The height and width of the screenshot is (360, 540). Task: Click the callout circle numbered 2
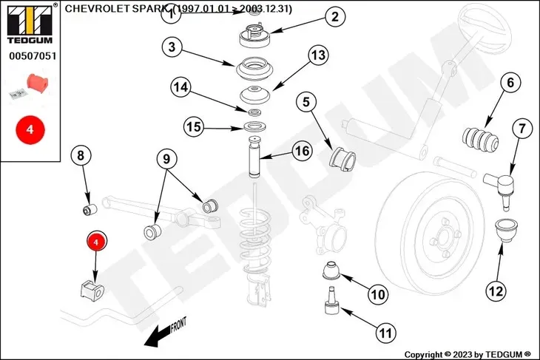pyautogui.click(x=314, y=16)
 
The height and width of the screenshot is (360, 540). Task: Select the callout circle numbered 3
pyautogui.click(x=172, y=47)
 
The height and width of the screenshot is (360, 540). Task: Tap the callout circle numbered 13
pyautogui.click(x=317, y=55)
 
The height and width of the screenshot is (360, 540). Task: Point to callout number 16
pyautogui.click(x=301, y=151)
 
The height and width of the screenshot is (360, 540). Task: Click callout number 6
pyautogui.click(x=510, y=84)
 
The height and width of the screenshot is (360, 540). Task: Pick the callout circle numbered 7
pyautogui.click(x=522, y=129)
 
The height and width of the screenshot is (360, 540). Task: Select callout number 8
pyautogui.click(x=81, y=156)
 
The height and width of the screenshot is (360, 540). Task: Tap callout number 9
pyautogui.click(x=166, y=158)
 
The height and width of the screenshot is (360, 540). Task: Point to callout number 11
pyautogui.click(x=385, y=333)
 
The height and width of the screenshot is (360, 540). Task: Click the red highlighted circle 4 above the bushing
pyautogui.click(x=98, y=241)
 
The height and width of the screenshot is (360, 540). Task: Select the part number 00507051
pyautogui.click(x=30, y=55)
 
